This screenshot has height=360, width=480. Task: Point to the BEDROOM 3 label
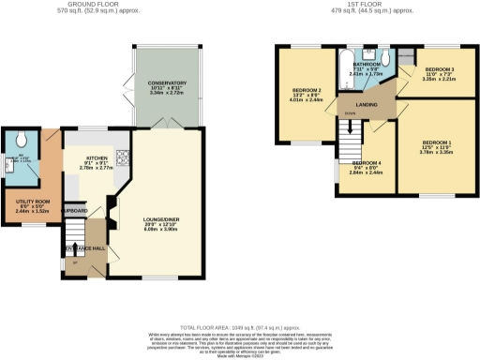[x=439, y=70]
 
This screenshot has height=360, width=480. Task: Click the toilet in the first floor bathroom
[x=385, y=57]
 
